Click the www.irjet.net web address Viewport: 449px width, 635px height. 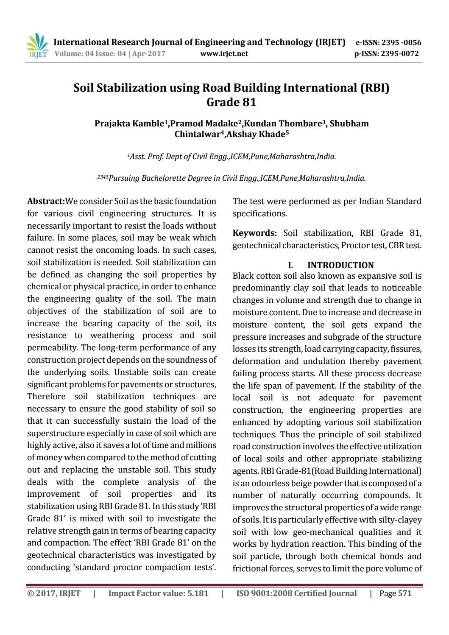tap(223, 53)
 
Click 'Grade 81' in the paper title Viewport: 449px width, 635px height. tap(231, 102)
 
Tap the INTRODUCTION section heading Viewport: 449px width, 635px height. tap(340, 265)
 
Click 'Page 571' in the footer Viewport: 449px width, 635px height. tap(395, 593)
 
